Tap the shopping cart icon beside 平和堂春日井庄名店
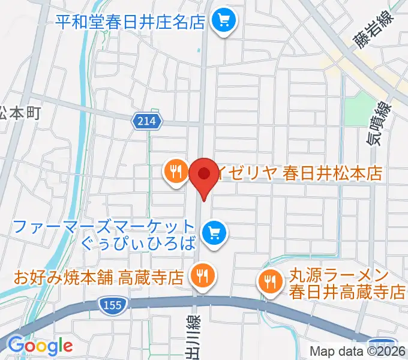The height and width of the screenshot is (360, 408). click(x=224, y=22)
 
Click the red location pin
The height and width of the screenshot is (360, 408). click(x=203, y=175)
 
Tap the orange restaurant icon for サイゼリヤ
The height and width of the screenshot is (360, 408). click(x=175, y=172)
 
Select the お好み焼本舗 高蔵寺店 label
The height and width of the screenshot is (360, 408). click(x=98, y=277)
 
